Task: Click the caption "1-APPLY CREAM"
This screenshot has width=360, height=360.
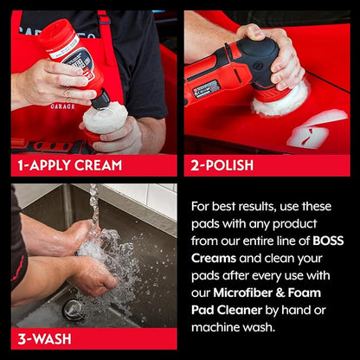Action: click(70, 165)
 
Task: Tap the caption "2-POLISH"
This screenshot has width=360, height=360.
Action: click(222, 165)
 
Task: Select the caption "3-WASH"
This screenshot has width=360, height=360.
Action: click(44, 339)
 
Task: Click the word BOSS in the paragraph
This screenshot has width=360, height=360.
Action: click(328, 241)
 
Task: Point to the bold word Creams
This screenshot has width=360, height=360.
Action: click(214, 258)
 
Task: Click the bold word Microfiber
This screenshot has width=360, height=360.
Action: click(242, 292)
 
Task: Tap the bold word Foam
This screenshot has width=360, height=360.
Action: click(305, 292)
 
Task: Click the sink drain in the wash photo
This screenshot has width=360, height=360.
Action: click(71, 310)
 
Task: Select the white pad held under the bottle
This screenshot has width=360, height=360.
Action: click(106, 118)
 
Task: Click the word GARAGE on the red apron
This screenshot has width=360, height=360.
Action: click(63, 106)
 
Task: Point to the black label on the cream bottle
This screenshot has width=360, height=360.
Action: click(79, 61)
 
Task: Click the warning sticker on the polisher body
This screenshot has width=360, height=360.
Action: click(206, 89)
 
